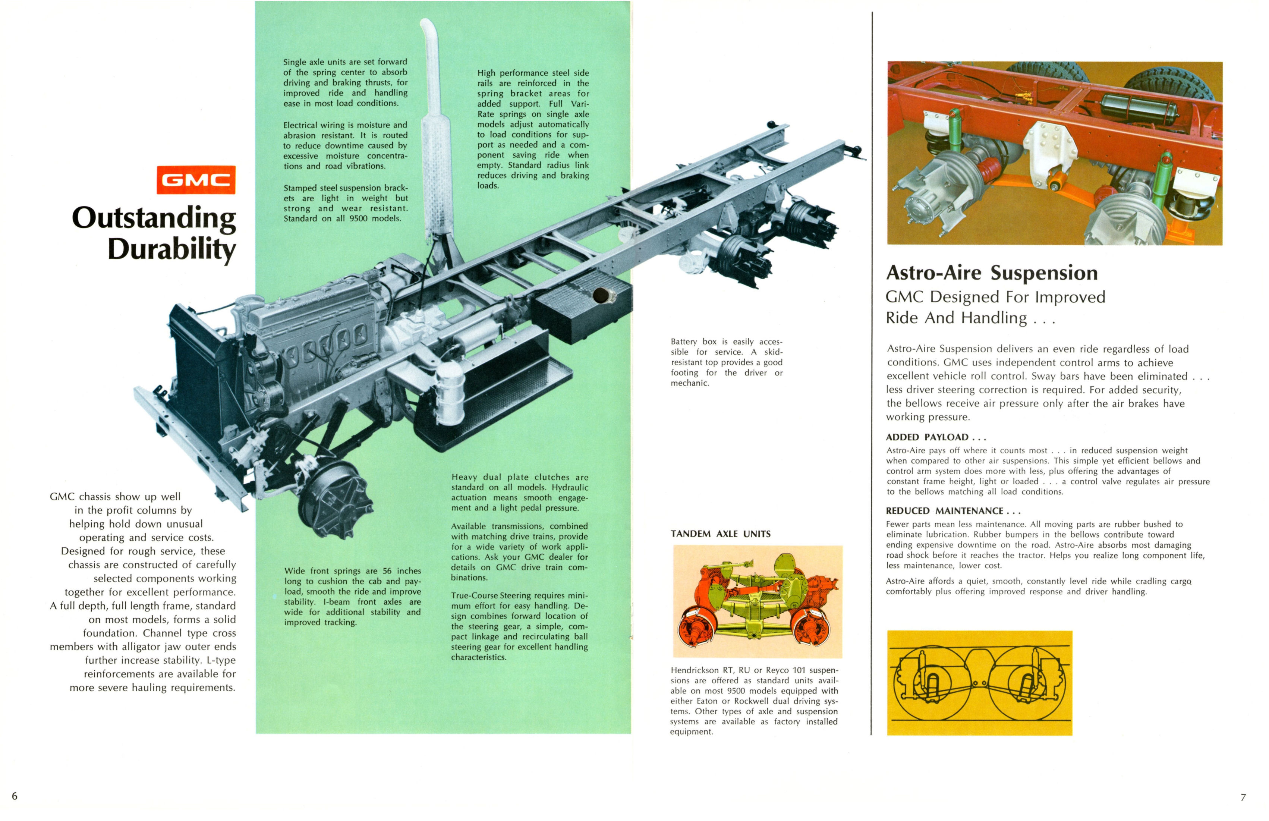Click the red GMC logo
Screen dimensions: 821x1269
pos(196,180)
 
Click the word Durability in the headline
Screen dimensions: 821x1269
pos(171,249)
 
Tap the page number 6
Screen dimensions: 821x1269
pos(15,796)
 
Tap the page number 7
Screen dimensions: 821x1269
pos(1243,798)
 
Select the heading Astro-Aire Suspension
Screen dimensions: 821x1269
pos(991,273)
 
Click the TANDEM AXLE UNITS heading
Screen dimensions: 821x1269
pos(720,534)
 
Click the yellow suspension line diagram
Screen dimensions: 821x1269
pos(979,683)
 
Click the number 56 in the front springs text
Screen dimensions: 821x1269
pos(387,571)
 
